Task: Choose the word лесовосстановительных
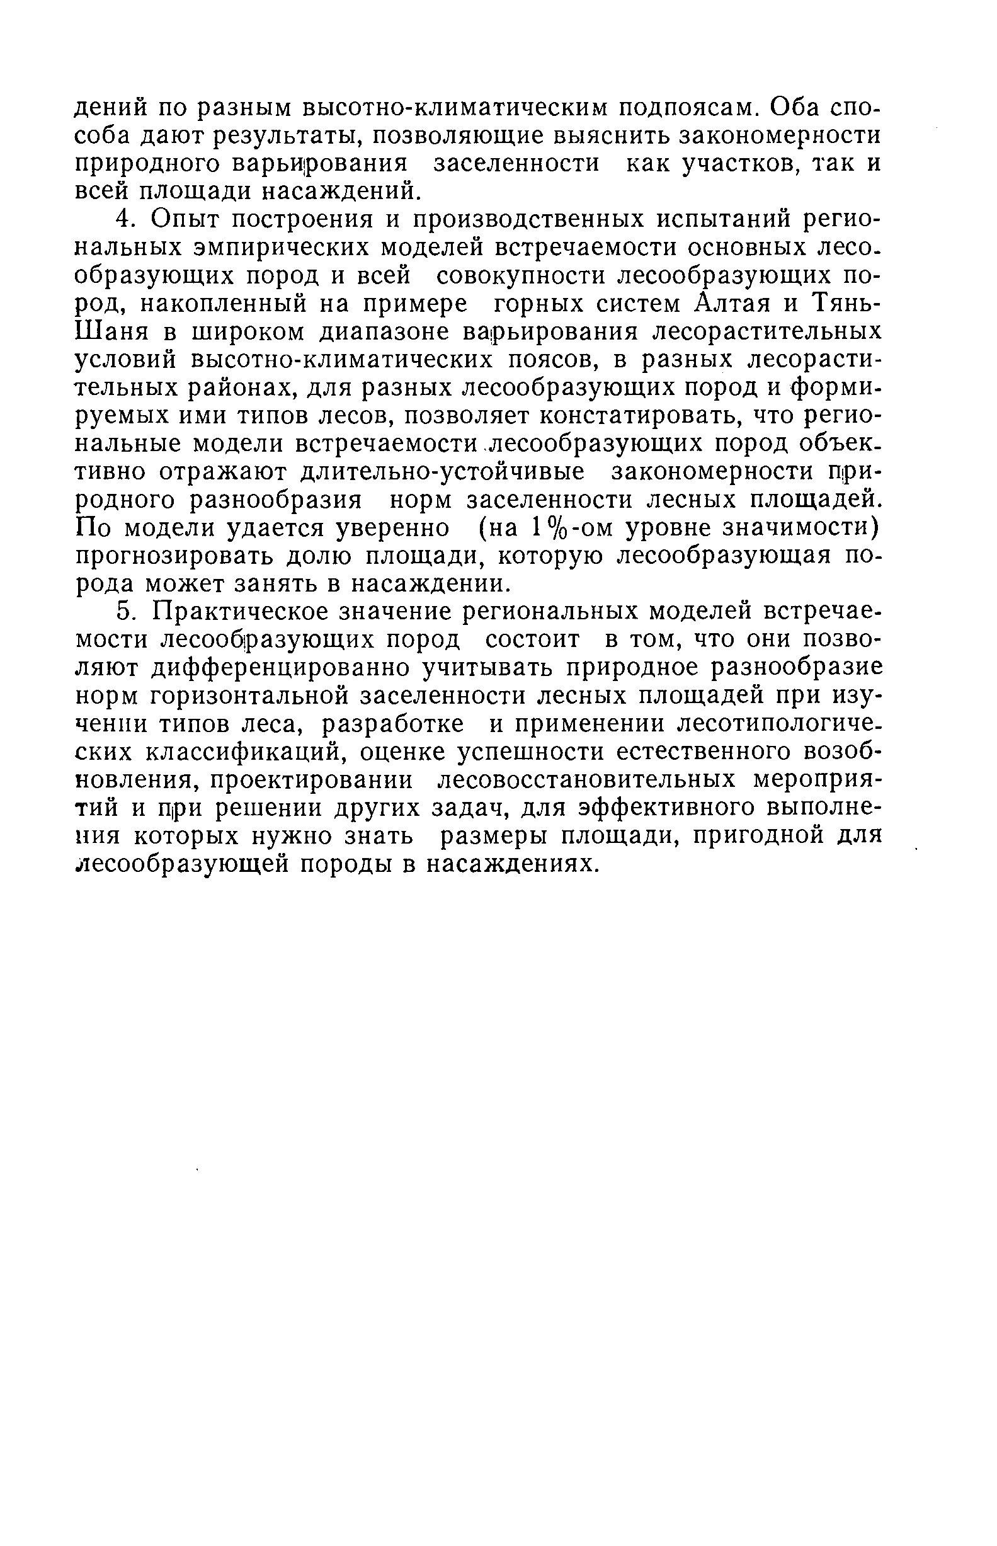coord(587,780)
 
